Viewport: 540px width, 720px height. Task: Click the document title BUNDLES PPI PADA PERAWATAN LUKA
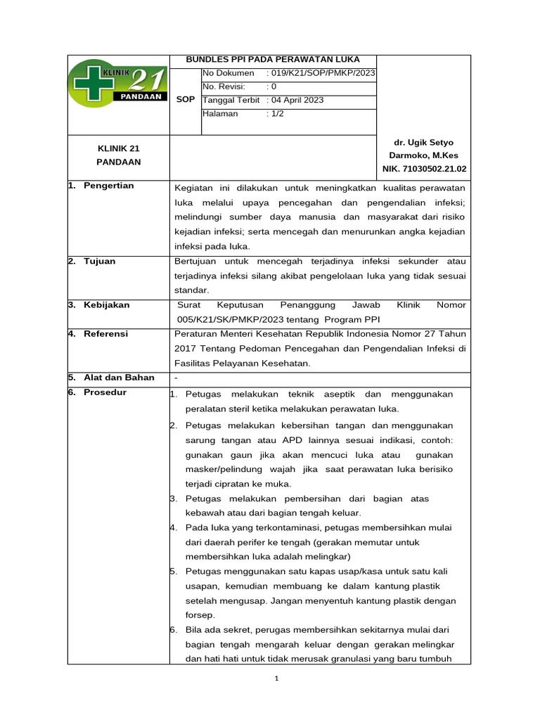(272, 60)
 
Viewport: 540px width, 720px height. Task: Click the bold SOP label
(186, 100)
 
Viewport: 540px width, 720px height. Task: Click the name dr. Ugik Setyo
(424, 142)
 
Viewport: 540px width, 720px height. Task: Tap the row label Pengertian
(108, 186)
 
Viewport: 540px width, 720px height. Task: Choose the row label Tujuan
(99, 261)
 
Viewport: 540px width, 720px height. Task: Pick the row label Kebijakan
(106, 305)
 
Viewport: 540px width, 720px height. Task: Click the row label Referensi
(105, 334)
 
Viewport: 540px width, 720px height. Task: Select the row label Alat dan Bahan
(119, 378)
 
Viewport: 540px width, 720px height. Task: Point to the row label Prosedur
(105, 392)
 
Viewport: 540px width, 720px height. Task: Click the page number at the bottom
(277, 679)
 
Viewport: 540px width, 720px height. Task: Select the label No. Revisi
(223, 86)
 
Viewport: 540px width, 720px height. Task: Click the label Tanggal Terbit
(231, 100)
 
